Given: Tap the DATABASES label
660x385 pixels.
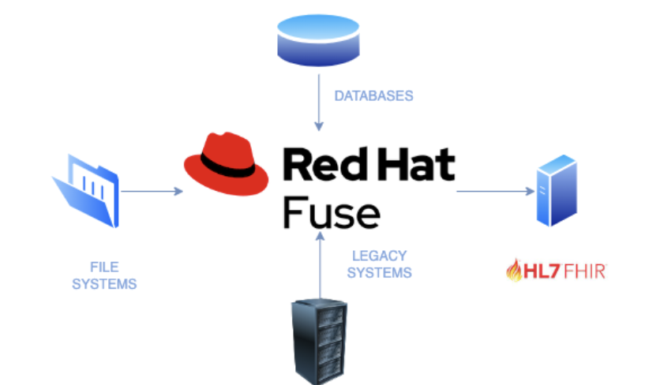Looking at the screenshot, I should tap(373, 95).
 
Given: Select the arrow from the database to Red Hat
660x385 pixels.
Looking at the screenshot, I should tap(319, 102).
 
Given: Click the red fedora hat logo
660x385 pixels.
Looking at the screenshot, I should tap(227, 164).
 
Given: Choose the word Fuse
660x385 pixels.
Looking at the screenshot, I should tap(331, 211).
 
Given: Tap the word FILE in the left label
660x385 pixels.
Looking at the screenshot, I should tap(104, 267).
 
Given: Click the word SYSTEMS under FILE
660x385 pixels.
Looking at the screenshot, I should tap(104, 283).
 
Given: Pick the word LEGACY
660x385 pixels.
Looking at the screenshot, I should tap(379, 256).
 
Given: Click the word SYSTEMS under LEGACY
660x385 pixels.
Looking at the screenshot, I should tap(379, 273).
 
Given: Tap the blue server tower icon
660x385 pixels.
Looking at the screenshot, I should tap(556, 191).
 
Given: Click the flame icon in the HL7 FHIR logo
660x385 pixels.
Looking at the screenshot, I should tap(513, 271).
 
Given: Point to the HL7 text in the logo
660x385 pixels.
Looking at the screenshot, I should tap(538, 273).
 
